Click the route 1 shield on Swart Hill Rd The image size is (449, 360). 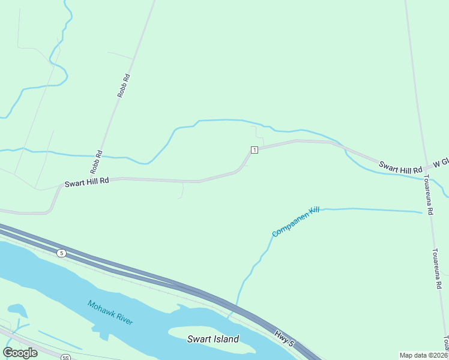coord(255,149)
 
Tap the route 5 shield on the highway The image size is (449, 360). coord(62,253)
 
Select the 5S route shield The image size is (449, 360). coord(65,358)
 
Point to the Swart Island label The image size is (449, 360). coord(213,339)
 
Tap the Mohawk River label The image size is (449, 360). coord(110,312)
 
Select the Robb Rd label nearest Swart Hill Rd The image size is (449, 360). coord(96,162)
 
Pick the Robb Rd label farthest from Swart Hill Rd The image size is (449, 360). coord(124,86)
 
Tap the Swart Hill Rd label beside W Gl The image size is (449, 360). coord(400,167)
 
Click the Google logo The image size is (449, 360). coord(20,353)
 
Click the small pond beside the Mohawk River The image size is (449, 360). coord(17,310)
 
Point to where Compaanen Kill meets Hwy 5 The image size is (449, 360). coord(236,309)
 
